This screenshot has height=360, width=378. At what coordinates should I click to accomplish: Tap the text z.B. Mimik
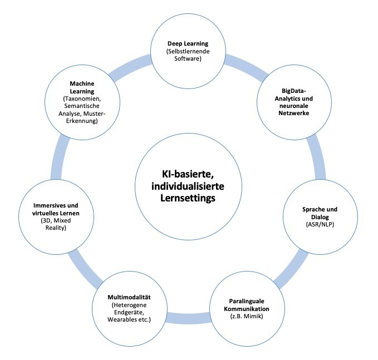point(242,316)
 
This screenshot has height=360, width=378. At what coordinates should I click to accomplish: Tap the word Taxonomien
point(83,98)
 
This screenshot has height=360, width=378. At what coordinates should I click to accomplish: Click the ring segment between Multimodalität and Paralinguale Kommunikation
point(184,318)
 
